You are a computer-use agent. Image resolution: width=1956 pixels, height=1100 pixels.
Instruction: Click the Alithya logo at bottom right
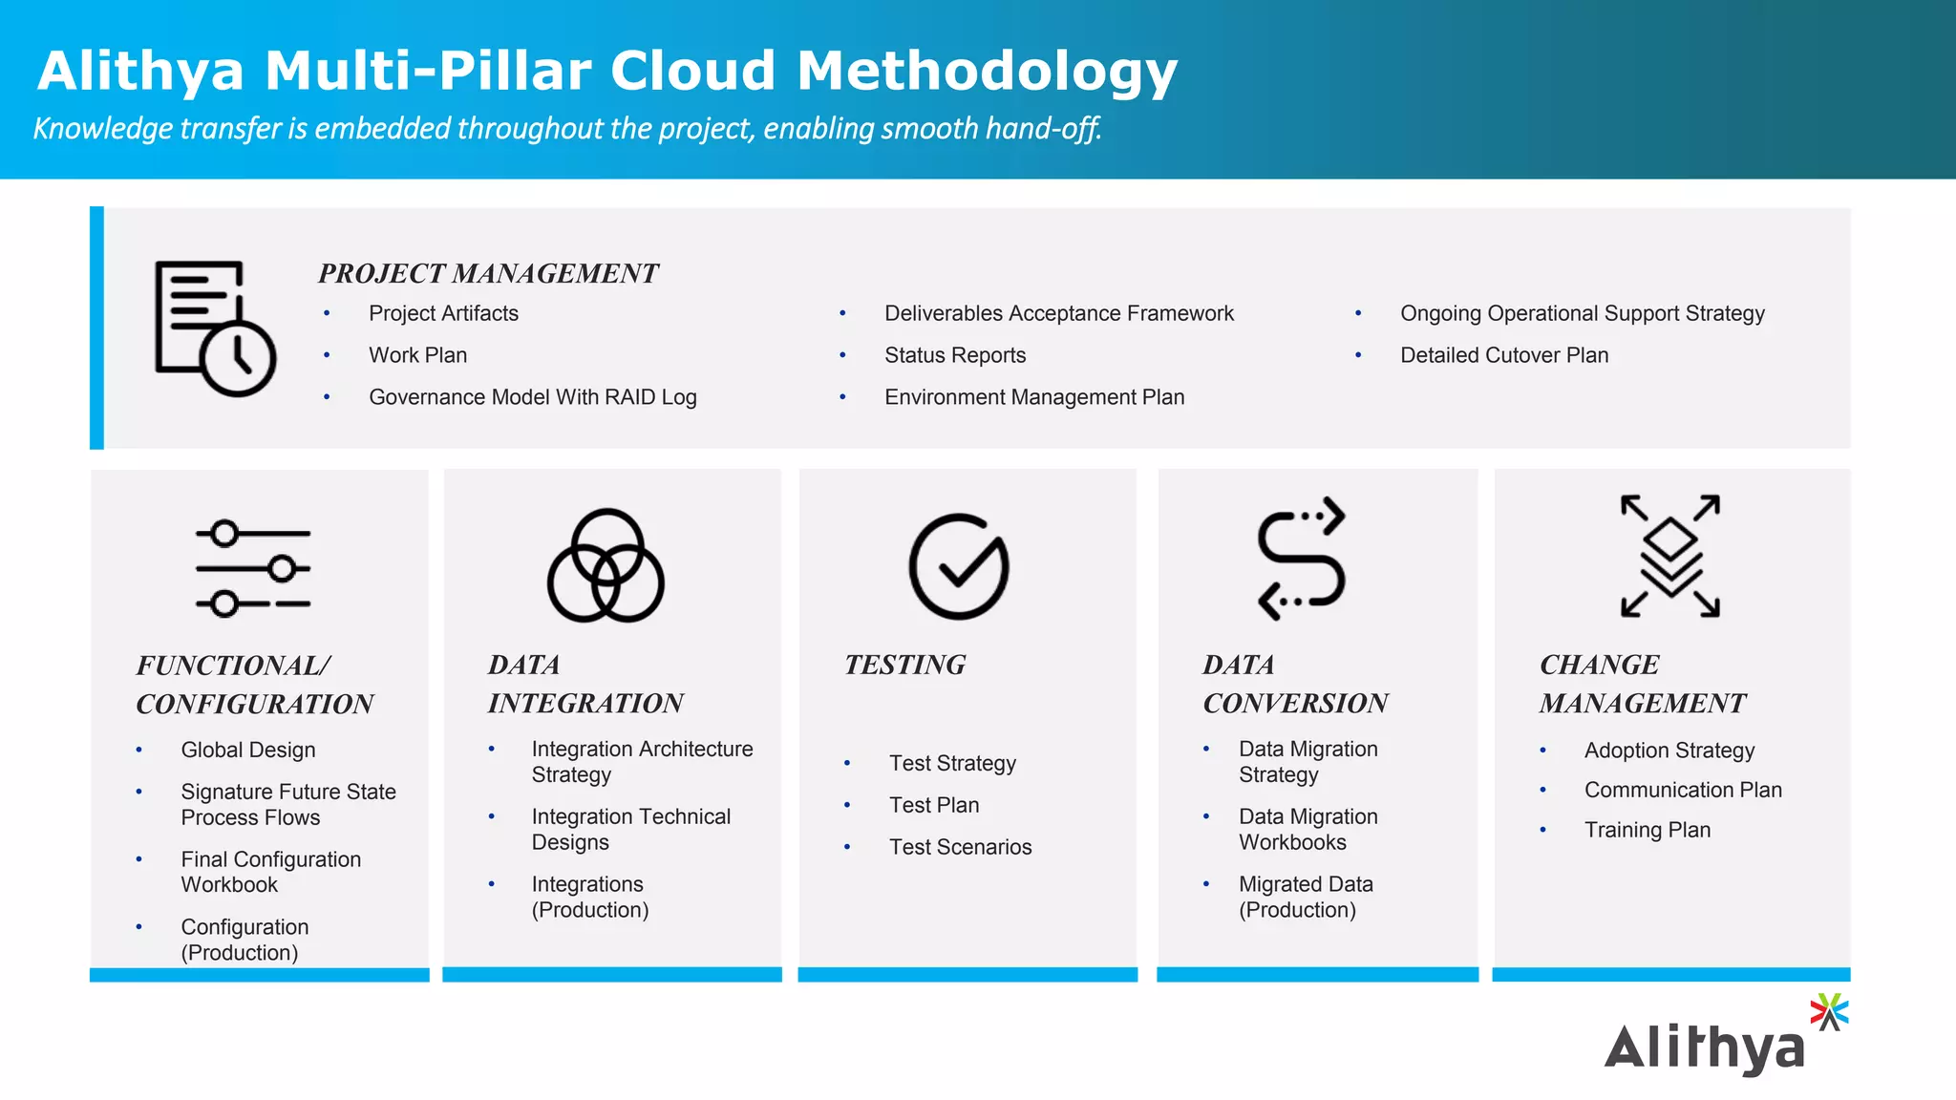pyautogui.click(x=1725, y=1038)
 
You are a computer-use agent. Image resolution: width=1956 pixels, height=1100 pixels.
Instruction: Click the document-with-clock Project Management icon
pyautogui.click(x=215, y=328)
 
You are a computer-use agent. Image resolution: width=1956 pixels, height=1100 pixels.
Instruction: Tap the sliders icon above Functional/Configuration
pyautogui.click(x=253, y=568)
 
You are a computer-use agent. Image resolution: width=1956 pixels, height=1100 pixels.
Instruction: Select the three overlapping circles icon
pyautogui.click(x=606, y=566)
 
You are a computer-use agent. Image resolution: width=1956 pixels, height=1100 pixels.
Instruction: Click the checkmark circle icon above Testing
pyautogui.click(x=958, y=567)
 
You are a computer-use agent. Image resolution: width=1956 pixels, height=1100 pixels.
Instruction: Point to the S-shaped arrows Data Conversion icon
pyautogui.click(x=1301, y=559)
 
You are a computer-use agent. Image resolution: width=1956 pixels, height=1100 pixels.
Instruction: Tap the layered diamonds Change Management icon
pyautogui.click(x=1670, y=556)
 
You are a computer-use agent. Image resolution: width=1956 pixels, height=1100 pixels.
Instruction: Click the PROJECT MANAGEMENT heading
pyautogui.click(x=488, y=274)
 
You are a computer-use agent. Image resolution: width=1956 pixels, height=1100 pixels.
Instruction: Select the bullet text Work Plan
pyautogui.click(x=417, y=355)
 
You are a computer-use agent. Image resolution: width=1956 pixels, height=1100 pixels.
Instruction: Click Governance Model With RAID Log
pyautogui.click(x=532, y=397)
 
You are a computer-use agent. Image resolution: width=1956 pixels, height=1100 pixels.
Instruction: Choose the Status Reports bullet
pyautogui.click(x=954, y=355)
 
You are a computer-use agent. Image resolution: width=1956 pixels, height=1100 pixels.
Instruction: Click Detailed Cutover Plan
pyautogui.click(x=1503, y=355)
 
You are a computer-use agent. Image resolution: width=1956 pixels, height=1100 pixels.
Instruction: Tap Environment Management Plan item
pyautogui.click(x=1033, y=397)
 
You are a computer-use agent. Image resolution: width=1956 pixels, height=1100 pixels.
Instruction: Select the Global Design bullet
pyautogui.click(x=247, y=751)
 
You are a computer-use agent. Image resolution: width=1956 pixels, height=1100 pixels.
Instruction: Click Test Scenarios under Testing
pyautogui.click(x=960, y=847)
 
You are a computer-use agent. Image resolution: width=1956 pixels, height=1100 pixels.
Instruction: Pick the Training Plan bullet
pyautogui.click(x=1647, y=830)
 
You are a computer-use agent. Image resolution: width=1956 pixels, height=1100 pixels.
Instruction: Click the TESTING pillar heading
pyautogui.click(x=904, y=665)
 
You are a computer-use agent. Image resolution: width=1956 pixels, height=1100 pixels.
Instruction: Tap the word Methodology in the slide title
pyautogui.click(x=987, y=72)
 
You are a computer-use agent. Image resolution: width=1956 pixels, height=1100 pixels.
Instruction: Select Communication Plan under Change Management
pyautogui.click(x=1682, y=790)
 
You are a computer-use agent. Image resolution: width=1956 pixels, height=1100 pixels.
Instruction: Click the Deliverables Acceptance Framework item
pyautogui.click(x=1058, y=313)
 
